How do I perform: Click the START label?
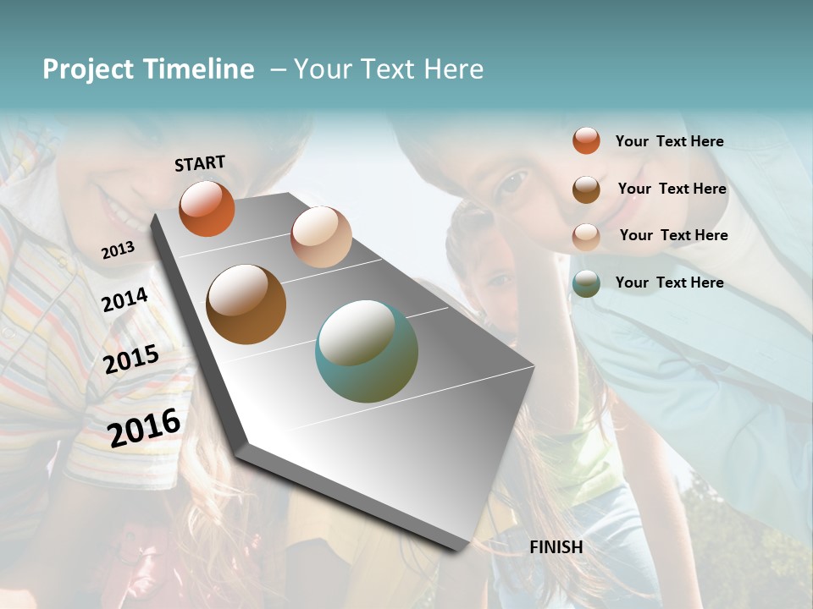(200, 163)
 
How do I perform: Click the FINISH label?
(556, 547)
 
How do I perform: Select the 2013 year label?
(118, 250)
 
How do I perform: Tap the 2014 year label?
(125, 299)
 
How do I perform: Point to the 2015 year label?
(131, 359)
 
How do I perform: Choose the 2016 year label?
(144, 427)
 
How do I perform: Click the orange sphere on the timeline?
(207, 208)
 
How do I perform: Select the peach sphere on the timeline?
(321, 236)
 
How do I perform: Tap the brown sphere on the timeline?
(246, 304)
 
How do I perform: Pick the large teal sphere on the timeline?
(367, 350)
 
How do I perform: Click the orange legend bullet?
(586, 140)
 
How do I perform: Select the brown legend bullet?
(586, 189)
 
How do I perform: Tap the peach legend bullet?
(586, 236)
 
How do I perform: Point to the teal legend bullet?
(586, 283)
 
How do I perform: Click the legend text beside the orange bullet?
(669, 141)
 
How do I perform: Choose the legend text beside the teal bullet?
(669, 283)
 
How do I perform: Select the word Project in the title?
(88, 69)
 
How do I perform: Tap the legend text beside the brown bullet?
(672, 189)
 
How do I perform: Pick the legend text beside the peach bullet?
(673, 235)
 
